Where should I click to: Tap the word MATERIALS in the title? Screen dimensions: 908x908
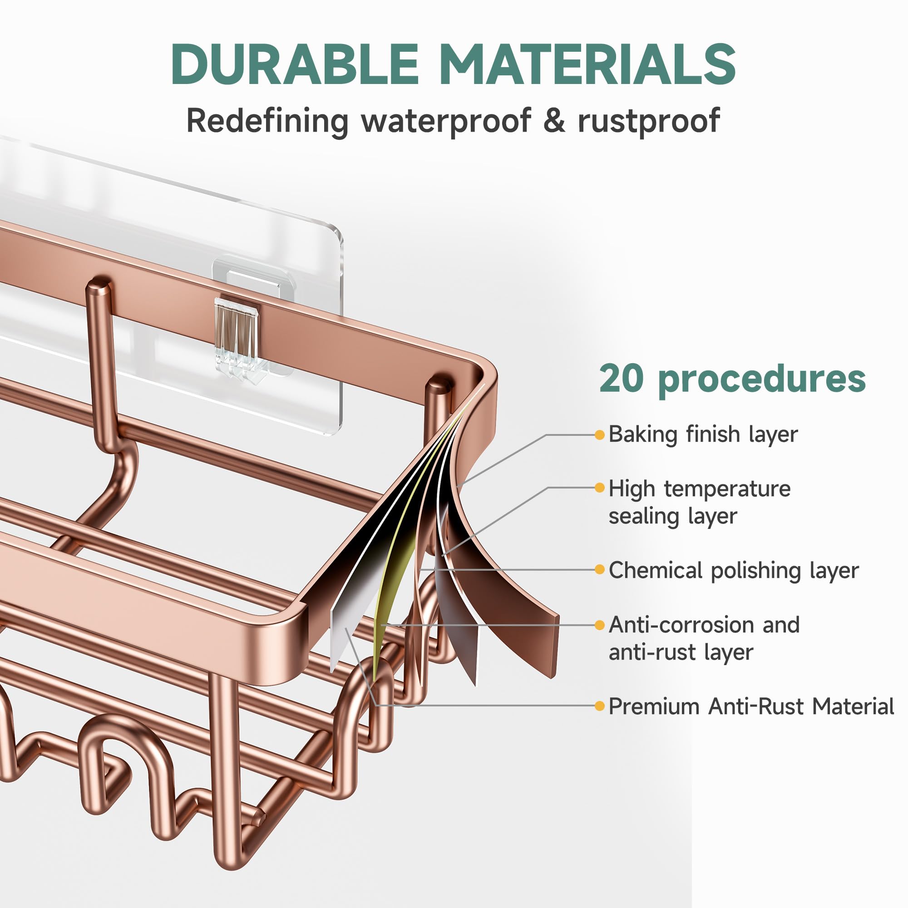(588, 64)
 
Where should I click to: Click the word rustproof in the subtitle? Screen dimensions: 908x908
(649, 121)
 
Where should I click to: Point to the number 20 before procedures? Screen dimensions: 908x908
(621, 378)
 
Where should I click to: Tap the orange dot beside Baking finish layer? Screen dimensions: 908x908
(599, 435)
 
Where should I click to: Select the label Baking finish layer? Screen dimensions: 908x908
(703, 434)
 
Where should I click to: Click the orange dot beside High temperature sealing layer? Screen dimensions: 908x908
(599, 488)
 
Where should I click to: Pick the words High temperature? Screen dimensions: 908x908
(699, 489)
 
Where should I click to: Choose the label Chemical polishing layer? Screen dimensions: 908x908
(734, 571)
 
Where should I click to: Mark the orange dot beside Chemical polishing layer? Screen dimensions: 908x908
(599, 570)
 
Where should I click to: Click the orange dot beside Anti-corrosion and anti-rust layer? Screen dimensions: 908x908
(599, 625)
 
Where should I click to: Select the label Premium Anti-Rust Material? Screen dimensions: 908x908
(751, 706)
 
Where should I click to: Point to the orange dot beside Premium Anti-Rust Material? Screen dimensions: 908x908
(599, 706)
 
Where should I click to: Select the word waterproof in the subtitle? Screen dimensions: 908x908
(446, 121)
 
